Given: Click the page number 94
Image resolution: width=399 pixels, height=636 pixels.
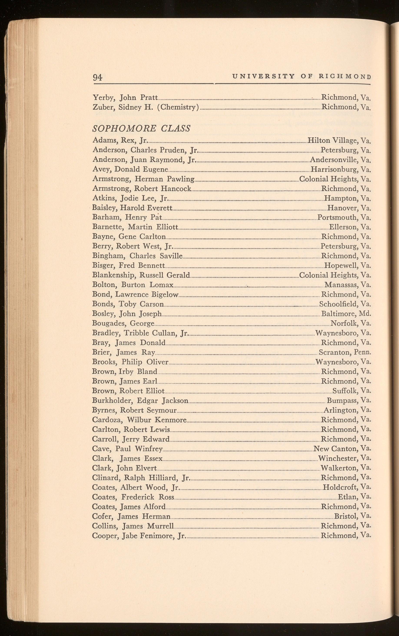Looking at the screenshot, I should click(97, 77).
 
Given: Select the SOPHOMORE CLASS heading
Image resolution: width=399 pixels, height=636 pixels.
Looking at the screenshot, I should click(141, 129).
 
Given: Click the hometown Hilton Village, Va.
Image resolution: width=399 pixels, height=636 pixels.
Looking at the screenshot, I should click(339, 140).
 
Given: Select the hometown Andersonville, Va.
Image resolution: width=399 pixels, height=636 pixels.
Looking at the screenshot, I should click(340, 160).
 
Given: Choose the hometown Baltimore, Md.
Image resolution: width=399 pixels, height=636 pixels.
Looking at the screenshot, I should click(346, 314).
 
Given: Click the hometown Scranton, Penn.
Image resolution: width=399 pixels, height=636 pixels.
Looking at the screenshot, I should click(345, 352).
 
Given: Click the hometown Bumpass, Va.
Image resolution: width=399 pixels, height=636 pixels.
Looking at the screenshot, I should click(349, 401).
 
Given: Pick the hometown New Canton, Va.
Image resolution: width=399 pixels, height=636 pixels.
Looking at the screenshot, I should click(342, 449).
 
